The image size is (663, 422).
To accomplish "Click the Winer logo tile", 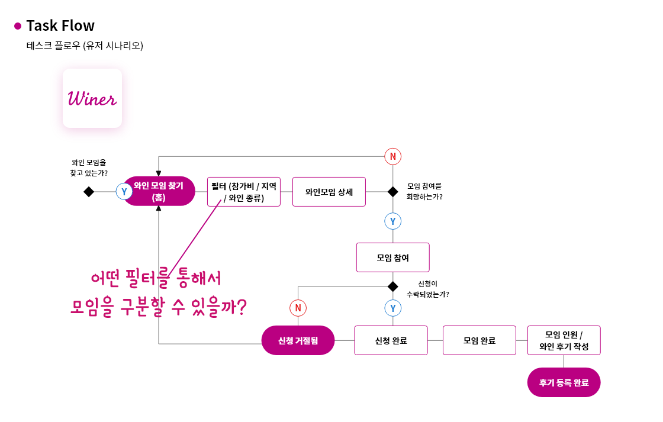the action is (x=92, y=98).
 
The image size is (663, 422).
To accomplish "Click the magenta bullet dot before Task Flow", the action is (x=18, y=26).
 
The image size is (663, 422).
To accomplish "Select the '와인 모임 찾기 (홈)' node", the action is (x=159, y=191).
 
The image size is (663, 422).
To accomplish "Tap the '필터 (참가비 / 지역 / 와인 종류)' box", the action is (x=244, y=192).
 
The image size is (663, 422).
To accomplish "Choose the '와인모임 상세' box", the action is (x=329, y=192).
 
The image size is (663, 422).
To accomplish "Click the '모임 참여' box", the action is (x=393, y=257).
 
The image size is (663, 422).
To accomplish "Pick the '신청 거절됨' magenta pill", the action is (x=298, y=340).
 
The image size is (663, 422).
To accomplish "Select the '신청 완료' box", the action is (x=391, y=340).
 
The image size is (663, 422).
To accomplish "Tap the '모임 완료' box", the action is (x=479, y=340).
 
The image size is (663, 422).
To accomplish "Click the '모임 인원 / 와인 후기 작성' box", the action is (x=564, y=340).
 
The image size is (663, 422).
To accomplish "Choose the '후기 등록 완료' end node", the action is (x=564, y=382).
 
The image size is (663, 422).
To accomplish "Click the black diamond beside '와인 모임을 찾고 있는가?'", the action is (x=89, y=192).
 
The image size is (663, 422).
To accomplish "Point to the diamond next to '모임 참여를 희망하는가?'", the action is (x=393, y=192).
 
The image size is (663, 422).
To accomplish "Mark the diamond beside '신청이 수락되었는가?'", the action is (x=393, y=286).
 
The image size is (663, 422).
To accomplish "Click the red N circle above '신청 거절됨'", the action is (x=298, y=308).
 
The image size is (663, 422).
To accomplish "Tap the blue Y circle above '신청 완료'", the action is (x=393, y=308).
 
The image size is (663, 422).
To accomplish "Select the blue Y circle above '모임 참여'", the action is (x=393, y=221).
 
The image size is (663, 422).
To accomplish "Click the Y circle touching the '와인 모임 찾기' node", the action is (x=124, y=192).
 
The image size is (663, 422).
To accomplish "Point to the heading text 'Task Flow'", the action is (x=60, y=26).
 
